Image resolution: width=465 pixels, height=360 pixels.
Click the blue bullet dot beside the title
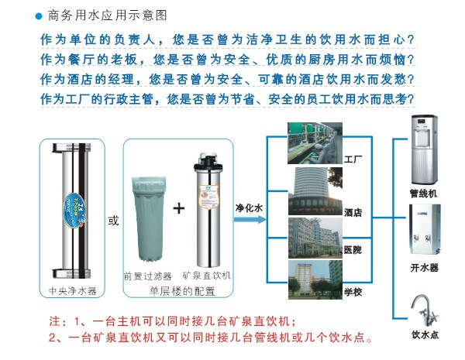pyautogui.click(x=39, y=16)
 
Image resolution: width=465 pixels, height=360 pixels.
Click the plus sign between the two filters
pyautogui.click(x=179, y=208)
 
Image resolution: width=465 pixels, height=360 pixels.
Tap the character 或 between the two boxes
pyautogui.click(x=113, y=221)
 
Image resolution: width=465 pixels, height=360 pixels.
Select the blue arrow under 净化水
pyautogui.click(x=250, y=220)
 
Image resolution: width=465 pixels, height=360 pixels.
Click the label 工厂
pyautogui.click(x=353, y=159)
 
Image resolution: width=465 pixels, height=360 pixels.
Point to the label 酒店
pyautogui.click(x=353, y=212)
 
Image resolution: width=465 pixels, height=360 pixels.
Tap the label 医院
pyautogui.click(x=353, y=250)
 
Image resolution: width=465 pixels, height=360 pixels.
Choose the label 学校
pyautogui.click(x=353, y=292)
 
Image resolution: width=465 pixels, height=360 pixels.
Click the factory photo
pyautogui.click(x=315, y=143)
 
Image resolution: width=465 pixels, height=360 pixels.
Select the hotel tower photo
pyautogui.click(x=315, y=191)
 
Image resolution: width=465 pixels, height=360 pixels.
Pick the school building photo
pyautogui.click(x=315, y=279)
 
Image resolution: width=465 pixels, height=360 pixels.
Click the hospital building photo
pyautogui.click(x=315, y=238)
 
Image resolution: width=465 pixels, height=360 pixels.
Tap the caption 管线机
pyautogui.click(x=423, y=194)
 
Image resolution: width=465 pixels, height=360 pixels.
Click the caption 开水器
pyautogui.click(x=425, y=268)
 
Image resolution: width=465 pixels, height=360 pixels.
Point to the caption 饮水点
pyautogui.click(x=425, y=334)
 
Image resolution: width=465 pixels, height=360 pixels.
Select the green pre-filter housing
pyautogui.click(x=149, y=219)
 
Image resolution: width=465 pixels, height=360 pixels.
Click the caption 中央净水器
pyautogui.click(x=73, y=290)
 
